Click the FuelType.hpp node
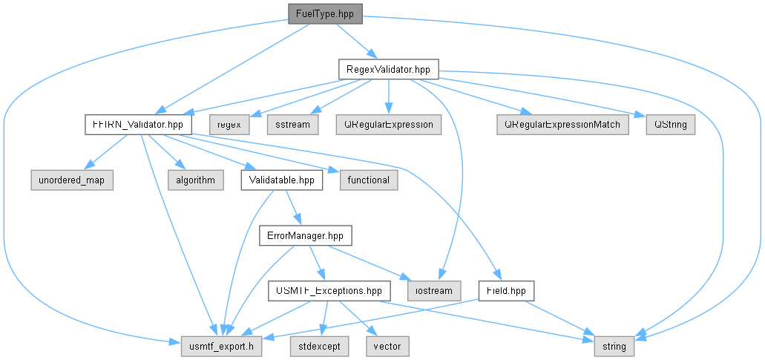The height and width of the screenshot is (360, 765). (325, 13)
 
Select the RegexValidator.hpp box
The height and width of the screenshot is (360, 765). (388, 69)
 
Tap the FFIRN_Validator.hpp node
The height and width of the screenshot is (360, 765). (139, 125)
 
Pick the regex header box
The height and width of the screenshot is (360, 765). (229, 125)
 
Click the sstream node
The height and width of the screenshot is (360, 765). (293, 125)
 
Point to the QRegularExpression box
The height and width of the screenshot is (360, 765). (388, 125)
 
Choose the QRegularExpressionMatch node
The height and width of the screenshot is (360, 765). (563, 125)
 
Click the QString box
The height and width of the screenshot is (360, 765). (670, 125)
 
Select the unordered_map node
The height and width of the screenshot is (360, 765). (72, 180)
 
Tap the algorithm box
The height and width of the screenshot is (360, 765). (195, 180)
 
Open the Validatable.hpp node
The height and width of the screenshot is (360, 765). (281, 180)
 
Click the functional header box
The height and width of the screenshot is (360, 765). (369, 180)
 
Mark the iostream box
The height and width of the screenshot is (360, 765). (434, 291)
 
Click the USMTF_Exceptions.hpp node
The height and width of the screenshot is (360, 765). (329, 291)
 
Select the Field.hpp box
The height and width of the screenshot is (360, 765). (507, 291)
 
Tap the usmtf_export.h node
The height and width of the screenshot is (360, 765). (222, 347)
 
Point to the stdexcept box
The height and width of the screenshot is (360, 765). (321, 347)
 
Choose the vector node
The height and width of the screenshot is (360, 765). (387, 347)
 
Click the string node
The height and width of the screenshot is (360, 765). (614, 347)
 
